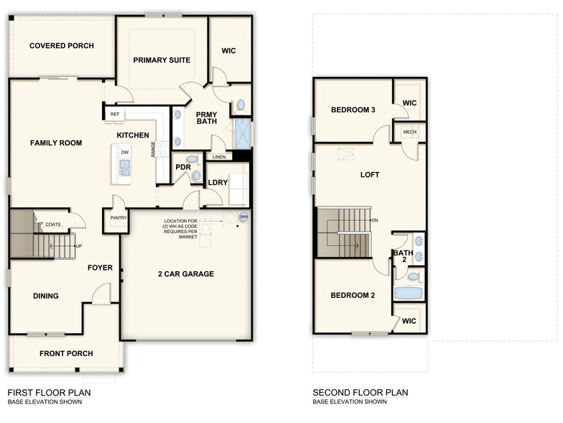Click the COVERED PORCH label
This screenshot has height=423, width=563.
point(62,46)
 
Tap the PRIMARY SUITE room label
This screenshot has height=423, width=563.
point(162,60)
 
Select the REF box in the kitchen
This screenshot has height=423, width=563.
point(115,114)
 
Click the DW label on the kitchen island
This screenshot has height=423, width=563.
point(125,153)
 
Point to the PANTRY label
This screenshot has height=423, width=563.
point(118,218)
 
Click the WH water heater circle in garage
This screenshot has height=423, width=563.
point(243,217)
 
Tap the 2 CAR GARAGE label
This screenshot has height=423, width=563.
point(186,274)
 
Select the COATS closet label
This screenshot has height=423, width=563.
point(53,224)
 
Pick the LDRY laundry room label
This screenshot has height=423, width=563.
point(218,183)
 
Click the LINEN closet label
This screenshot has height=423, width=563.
point(219,157)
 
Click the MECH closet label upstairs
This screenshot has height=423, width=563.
point(409,132)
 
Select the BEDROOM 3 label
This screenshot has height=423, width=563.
point(353,110)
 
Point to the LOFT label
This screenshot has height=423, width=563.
point(370,175)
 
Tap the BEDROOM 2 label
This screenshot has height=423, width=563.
point(353,296)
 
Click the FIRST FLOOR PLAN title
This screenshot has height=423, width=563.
point(49,393)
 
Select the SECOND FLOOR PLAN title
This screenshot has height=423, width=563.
point(360,393)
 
